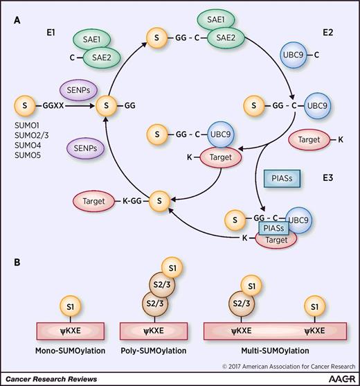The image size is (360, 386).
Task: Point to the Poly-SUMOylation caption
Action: (x=153, y=331)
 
